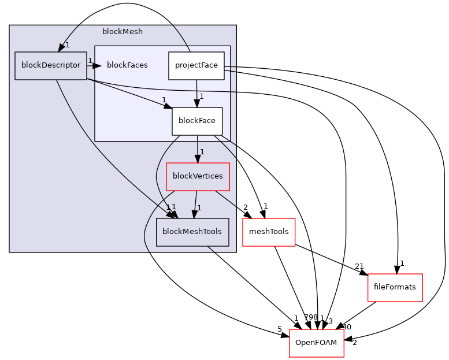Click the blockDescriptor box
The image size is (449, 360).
(51, 65)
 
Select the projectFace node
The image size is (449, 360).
(196, 65)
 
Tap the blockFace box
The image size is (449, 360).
(196, 121)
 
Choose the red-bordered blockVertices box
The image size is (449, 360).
(198, 176)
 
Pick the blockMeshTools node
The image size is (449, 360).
(192, 232)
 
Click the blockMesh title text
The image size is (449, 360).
(123, 31)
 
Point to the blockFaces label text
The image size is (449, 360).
(127, 65)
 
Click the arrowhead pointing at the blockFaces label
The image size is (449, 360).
(97, 66)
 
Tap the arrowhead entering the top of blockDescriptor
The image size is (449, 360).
(61, 47)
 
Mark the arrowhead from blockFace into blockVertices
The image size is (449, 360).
(198, 158)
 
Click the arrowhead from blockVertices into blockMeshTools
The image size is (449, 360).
(195, 214)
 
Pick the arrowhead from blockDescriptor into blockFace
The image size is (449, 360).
(168, 106)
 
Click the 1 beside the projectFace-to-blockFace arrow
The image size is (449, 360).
(202, 96)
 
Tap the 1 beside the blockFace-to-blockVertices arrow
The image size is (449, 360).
(202, 152)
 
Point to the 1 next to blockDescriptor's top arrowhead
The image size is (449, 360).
(68, 45)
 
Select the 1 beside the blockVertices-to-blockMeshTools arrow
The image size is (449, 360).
(199, 207)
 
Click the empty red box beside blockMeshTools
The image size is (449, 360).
(269, 232)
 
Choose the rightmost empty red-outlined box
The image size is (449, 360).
(395, 287)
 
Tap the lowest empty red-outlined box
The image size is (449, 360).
(316, 343)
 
